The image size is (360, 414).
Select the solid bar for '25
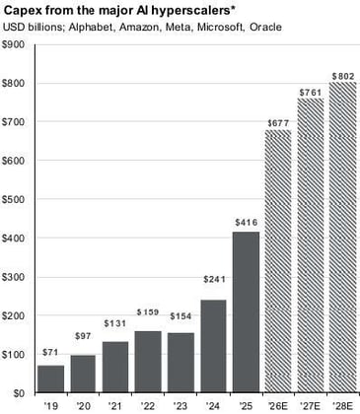pos(247,311)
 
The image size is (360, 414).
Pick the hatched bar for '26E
pos(279,261)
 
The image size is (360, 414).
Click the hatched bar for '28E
pos(343,237)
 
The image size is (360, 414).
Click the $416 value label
pos(247,223)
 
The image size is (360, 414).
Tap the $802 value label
pos(343,75)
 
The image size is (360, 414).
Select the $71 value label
pos(49,353)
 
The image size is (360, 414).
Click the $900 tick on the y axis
pos(15,45)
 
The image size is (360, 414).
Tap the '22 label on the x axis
pos(148,405)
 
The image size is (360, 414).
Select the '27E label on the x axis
pos(311,405)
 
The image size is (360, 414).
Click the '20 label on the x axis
pos(83,405)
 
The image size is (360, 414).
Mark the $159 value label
pos(148,313)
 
